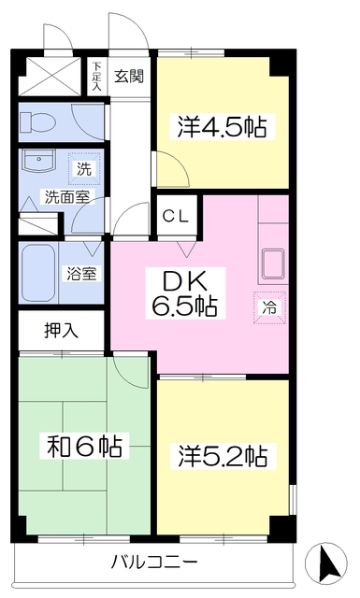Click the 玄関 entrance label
[x=129, y=76]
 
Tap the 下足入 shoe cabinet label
[x=97, y=75]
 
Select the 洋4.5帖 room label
[x=222, y=126]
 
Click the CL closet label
[x=176, y=216]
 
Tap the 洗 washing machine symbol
[x=84, y=170]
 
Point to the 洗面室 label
[x=63, y=196]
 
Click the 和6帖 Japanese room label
[x=84, y=445]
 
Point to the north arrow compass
[x=328, y=563]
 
